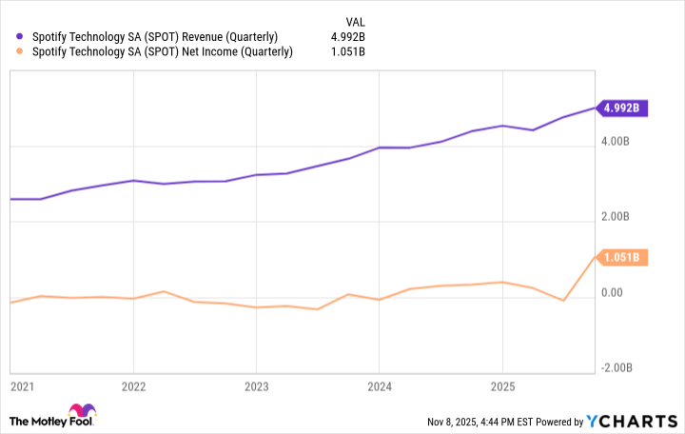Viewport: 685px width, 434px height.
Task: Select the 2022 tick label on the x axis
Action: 134,387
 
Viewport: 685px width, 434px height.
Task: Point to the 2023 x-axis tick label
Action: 256,387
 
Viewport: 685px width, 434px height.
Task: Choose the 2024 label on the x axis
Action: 379,387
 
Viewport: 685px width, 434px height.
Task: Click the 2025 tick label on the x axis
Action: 501,387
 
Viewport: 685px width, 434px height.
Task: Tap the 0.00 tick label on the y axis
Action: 614,293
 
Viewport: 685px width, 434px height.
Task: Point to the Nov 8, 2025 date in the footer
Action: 445,422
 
